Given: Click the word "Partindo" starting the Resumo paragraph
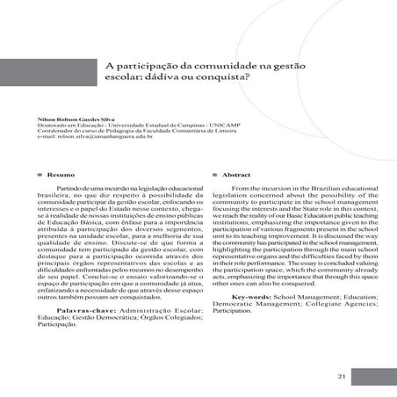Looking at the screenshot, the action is [x=70, y=188].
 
